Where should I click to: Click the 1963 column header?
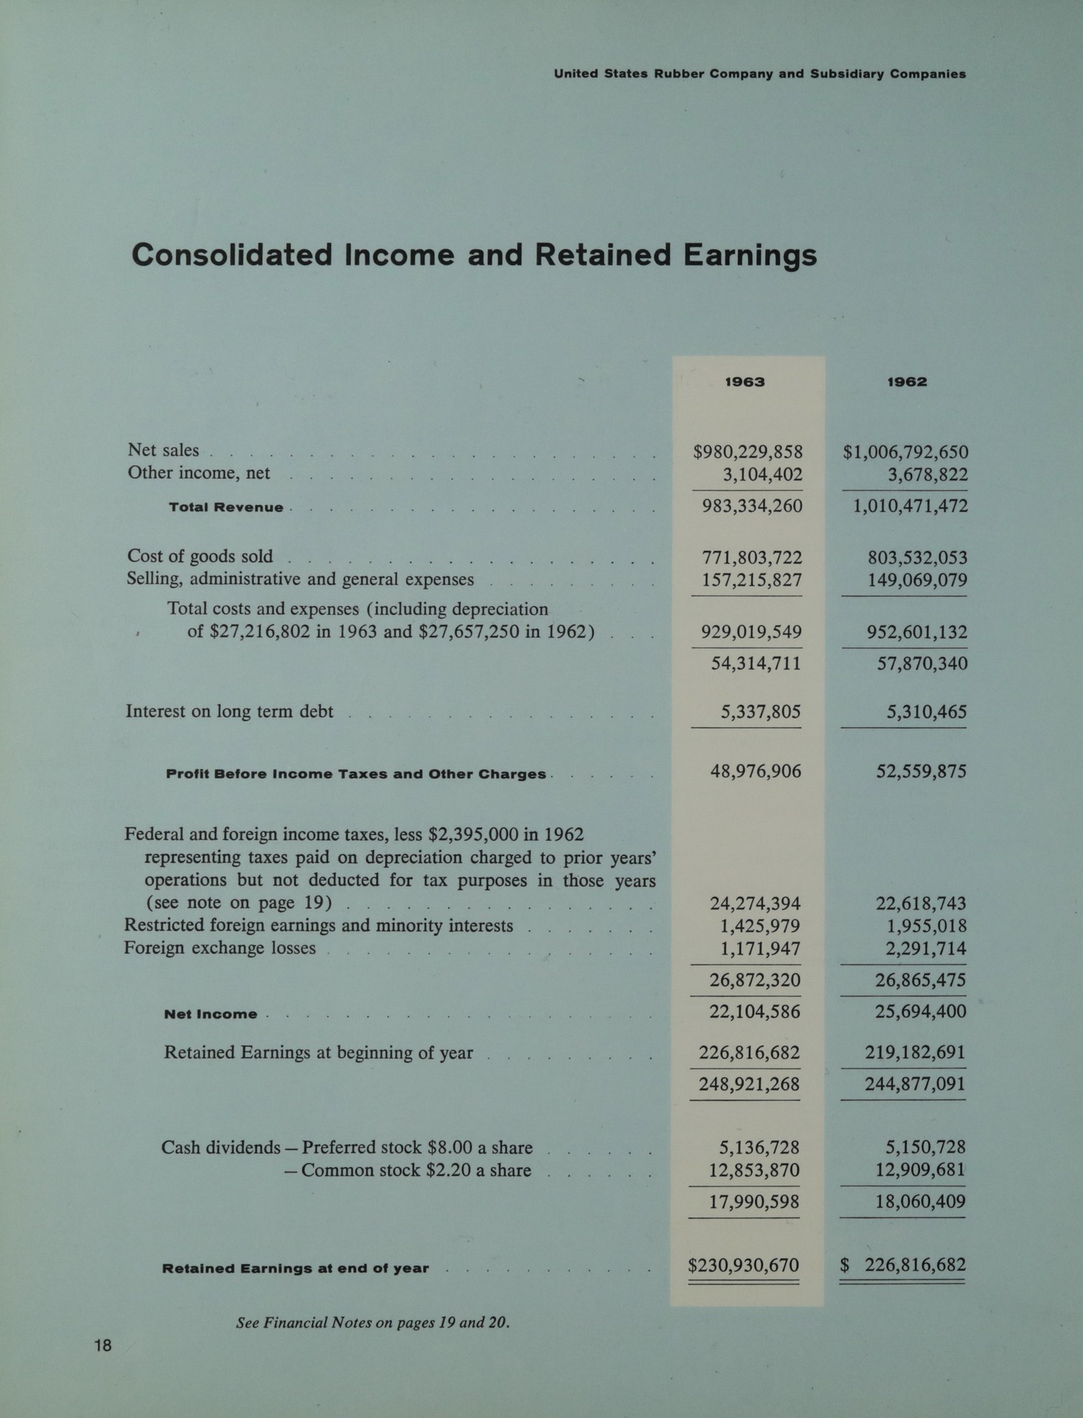(x=744, y=382)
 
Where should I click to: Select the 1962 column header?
(x=907, y=382)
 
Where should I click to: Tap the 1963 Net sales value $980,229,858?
(x=748, y=452)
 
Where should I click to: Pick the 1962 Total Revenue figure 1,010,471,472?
(x=910, y=506)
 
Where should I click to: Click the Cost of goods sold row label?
(x=200, y=556)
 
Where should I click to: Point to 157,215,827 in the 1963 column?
(x=752, y=579)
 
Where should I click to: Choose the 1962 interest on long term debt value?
(x=926, y=712)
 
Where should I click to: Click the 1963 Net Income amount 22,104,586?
(x=754, y=1011)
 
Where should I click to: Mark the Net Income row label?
(x=210, y=1014)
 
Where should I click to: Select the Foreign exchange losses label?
(x=219, y=947)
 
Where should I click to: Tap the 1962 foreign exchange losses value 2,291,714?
(x=926, y=948)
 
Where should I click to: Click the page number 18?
(x=103, y=1345)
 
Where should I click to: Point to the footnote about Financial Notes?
(x=373, y=1323)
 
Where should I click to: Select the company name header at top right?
(x=760, y=74)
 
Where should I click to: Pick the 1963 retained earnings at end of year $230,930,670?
(x=744, y=1265)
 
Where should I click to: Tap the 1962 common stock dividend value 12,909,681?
(x=920, y=1170)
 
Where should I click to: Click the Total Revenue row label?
(x=226, y=507)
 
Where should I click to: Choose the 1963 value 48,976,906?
(x=755, y=771)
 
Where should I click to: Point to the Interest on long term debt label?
(x=230, y=712)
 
